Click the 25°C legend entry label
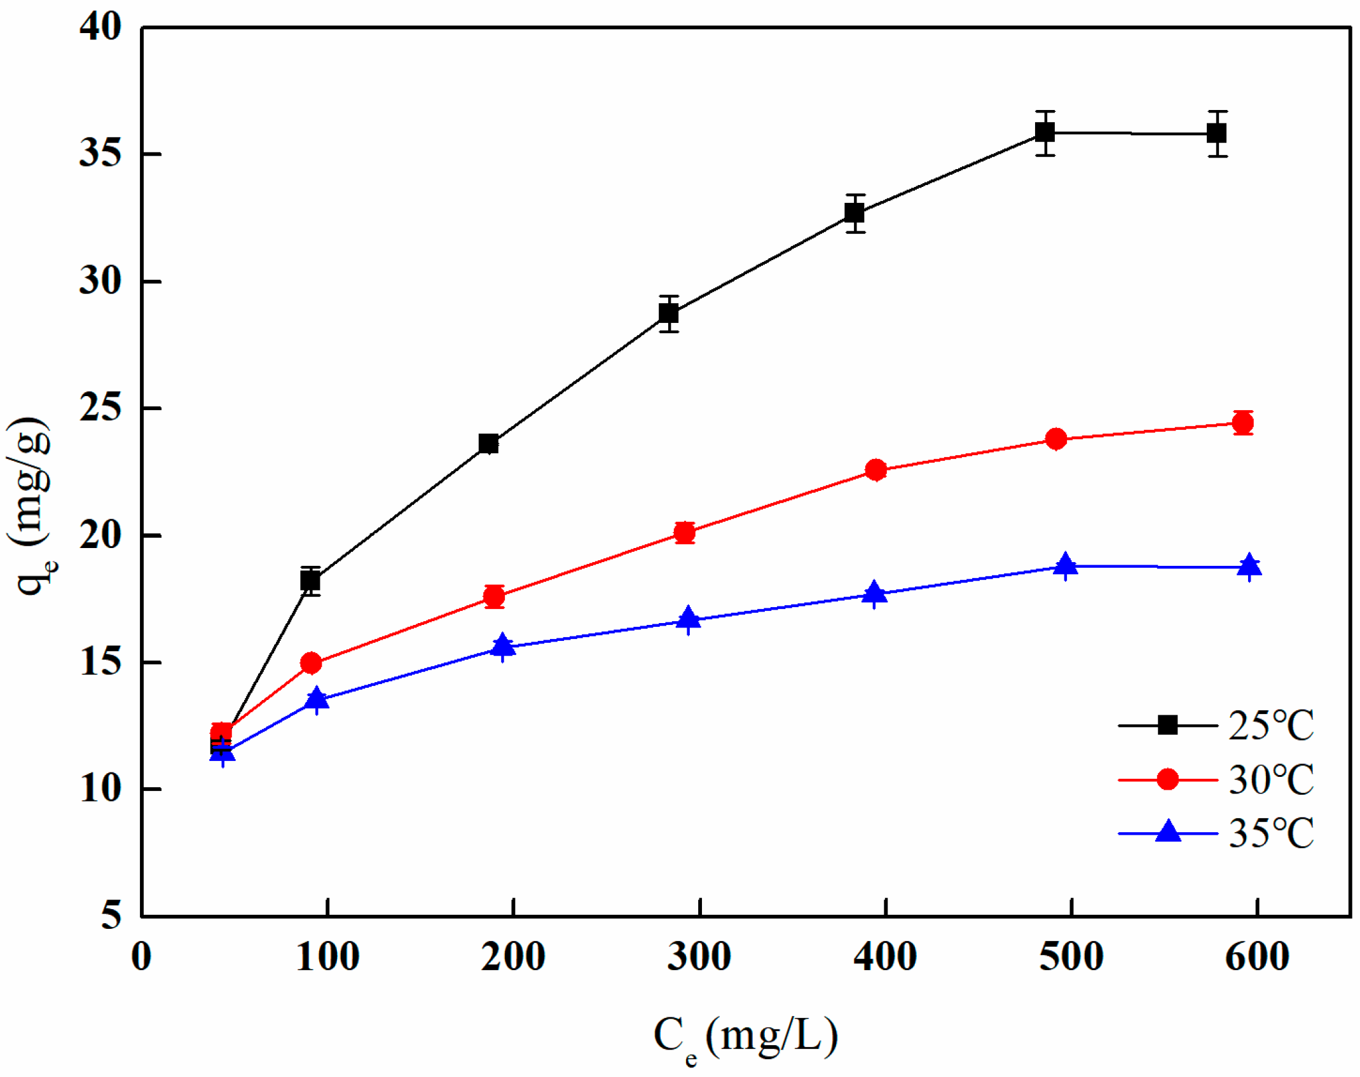pos(1270,725)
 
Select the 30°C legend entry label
pos(1270,779)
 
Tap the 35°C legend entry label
pos(1270,833)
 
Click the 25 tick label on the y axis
pos(100,408)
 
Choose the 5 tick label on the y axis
pos(111,916)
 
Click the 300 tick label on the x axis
pos(699,957)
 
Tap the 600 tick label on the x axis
pos(1256,957)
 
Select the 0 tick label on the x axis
pos(141,957)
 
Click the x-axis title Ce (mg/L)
pos(745,1036)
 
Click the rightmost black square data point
pos(1216,134)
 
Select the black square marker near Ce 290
pos(668,313)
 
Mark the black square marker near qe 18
pos(310,580)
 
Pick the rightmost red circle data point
pos(1242,423)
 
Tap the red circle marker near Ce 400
pos(876,470)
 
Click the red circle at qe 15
pos(311,663)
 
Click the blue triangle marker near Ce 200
pos(502,645)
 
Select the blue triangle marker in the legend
pos(1167,832)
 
